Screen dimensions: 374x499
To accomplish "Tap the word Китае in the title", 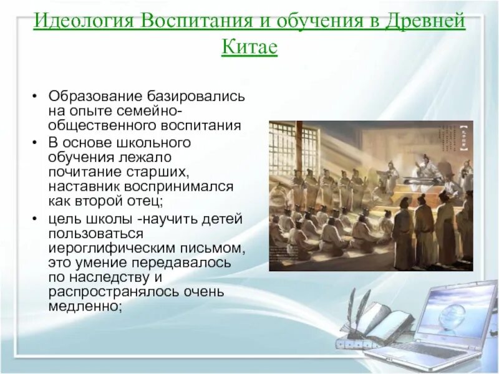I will click(249, 47).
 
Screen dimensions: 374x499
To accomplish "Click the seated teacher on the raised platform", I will click(428, 168).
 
